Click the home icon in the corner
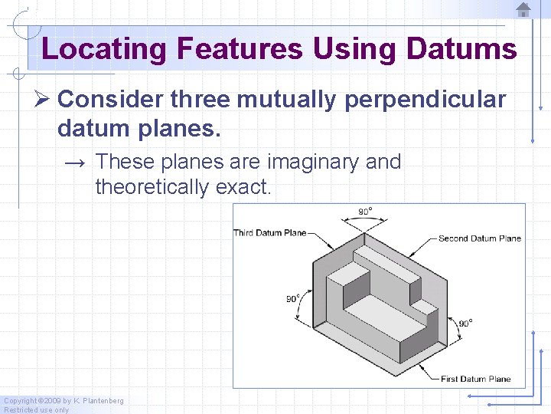pyautogui.click(x=523, y=10)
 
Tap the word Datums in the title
pyautogui.click(x=461, y=49)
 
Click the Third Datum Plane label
pyautogui.click(x=269, y=233)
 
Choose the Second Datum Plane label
pyautogui.click(x=479, y=238)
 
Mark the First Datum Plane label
pyautogui.click(x=475, y=379)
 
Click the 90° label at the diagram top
pyautogui.click(x=366, y=212)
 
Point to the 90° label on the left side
pyautogui.click(x=293, y=299)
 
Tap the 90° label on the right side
pyautogui.click(x=465, y=324)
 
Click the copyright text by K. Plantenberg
pyautogui.click(x=64, y=400)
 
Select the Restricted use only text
pyautogui.click(x=36, y=409)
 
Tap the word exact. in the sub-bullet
pyautogui.click(x=249, y=186)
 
